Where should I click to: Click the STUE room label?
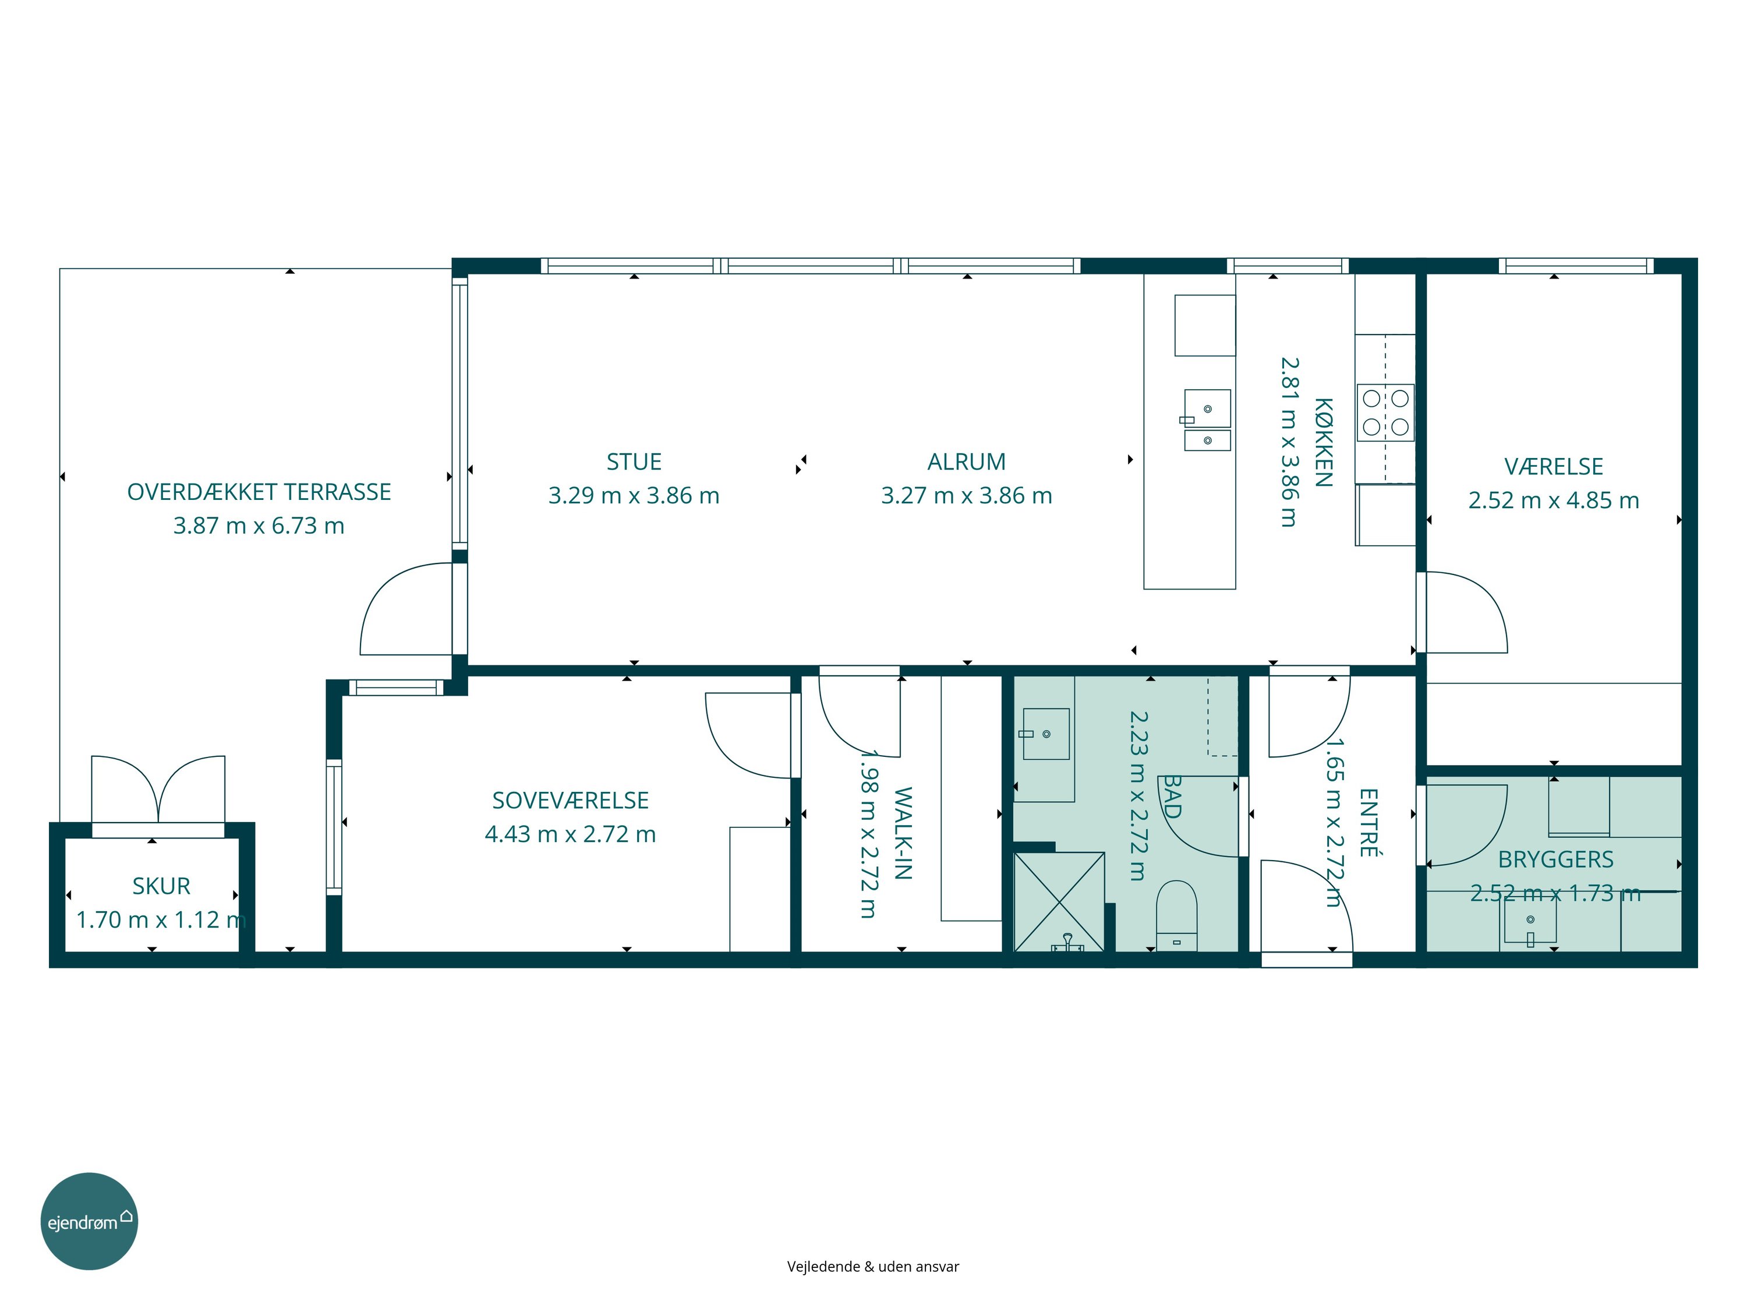(634, 461)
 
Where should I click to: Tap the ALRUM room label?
(966, 461)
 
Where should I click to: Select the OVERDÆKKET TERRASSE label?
(259, 492)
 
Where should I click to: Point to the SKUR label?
(161, 886)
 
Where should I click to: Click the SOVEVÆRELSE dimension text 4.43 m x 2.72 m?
(570, 834)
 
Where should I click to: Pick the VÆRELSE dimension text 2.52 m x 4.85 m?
(1554, 500)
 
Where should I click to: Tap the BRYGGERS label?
(1556, 859)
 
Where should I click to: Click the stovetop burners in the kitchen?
(1385, 413)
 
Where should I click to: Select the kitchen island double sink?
(1207, 420)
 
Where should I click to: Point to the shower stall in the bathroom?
(1059, 901)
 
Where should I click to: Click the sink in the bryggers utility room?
(1530, 923)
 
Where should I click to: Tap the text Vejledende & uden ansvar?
(873, 1267)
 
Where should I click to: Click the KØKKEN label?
(1324, 442)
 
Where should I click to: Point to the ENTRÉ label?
(1368, 823)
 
